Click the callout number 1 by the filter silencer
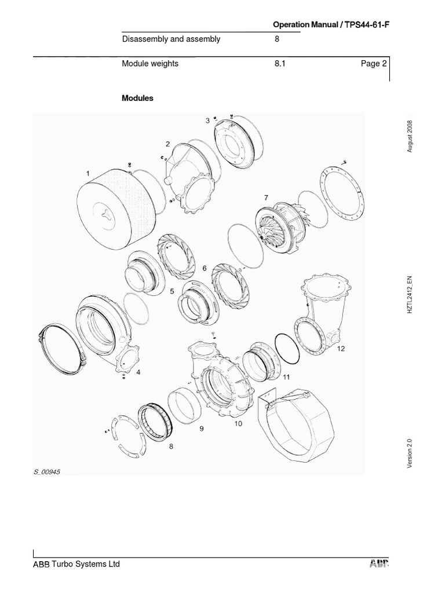point(88,173)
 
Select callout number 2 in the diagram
point(167,144)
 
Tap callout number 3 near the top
point(207,120)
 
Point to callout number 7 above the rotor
point(266,198)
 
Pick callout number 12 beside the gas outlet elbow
point(341,349)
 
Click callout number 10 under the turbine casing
point(238,424)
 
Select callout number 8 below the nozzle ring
point(171,446)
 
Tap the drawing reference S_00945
point(47,472)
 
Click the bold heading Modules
point(137,98)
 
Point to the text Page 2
point(373,64)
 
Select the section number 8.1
point(280,64)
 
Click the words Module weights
point(150,64)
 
